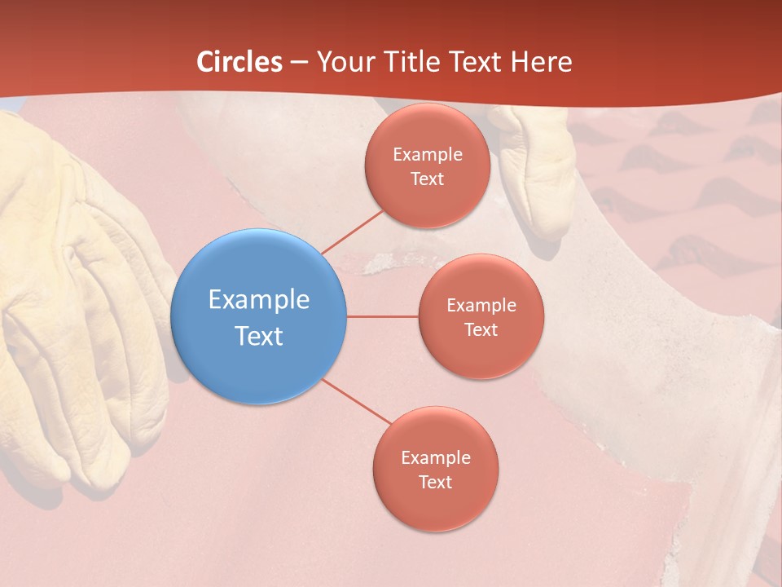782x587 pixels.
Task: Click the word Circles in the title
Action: click(x=239, y=62)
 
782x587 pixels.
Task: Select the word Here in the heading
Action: click(x=541, y=62)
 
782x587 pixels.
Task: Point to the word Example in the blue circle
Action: click(x=258, y=299)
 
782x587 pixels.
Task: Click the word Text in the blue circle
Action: click(x=258, y=336)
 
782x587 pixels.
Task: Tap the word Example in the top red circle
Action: click(x=427, y=154)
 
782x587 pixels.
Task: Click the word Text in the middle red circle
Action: click(x=481, y=329)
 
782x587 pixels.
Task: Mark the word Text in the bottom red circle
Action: click(x=435, y=482)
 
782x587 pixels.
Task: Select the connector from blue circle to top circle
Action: click(x=352, y=232)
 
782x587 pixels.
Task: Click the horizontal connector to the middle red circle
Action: click(x=383, y=316)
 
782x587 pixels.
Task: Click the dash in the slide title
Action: click(x=299, y=62)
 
